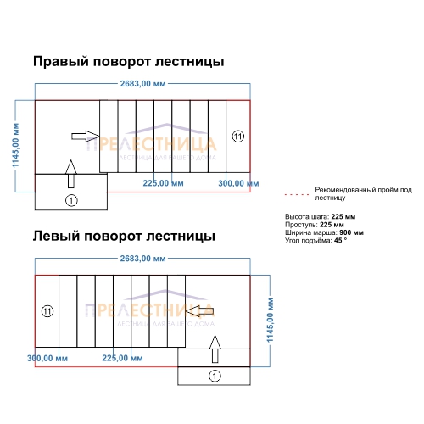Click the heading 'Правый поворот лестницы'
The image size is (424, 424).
[x=129, y=62]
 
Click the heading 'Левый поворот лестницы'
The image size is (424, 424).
[x=124, y=237]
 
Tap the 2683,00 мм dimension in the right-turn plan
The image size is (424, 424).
[x=142, y=84]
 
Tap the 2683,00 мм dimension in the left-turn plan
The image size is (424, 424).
[x=142, y=259]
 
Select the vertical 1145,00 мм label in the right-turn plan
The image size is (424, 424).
[x=15, y=145]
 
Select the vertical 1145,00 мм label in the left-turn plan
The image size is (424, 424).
[x=271, y=320]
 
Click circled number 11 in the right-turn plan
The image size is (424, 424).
[x=238, y=137]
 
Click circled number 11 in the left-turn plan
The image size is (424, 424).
[x=47, y=311]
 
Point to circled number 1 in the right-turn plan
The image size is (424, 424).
[x=71, y=201]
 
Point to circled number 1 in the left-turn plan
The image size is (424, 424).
[x=215, y=376]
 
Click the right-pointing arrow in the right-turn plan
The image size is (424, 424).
[x=85, y=137]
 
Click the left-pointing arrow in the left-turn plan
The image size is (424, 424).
[x=200, y=311]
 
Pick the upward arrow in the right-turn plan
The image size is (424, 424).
[x=71, y=174]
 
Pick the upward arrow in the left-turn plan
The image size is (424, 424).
[x=215, y=349]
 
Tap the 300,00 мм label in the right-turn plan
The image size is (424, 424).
[x=238, y=183]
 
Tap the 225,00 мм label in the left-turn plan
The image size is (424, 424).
[x=122, y=358]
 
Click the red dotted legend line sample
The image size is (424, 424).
[x=297, y=194]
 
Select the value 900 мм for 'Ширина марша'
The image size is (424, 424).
[x=351, y=232]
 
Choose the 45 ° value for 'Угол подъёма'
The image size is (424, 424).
[x=340, y=241]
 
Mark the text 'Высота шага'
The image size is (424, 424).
[x=307, y=217]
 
